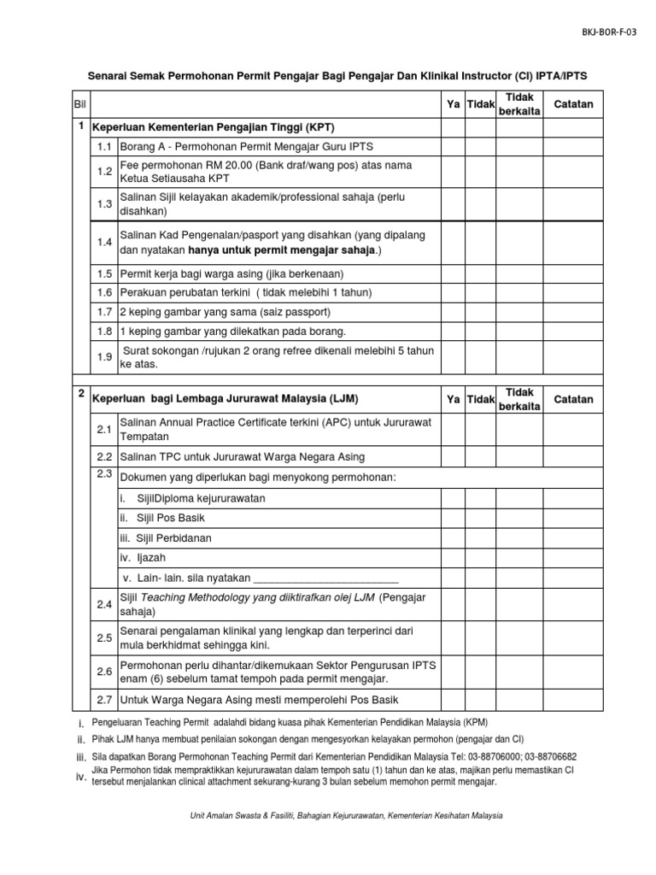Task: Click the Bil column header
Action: click(81, 104)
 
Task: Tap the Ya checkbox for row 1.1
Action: click(453, 146)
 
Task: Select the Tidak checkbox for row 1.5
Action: click(481, 273)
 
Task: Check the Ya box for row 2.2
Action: click(453, 456)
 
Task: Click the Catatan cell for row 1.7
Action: click(573, 311)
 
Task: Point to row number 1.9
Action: click(105, 356)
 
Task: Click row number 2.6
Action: click(105, 672)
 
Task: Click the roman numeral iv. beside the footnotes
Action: click(81, 776)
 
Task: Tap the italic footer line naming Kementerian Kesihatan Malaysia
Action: click(346, 815)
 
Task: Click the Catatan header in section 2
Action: click(573, 399)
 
